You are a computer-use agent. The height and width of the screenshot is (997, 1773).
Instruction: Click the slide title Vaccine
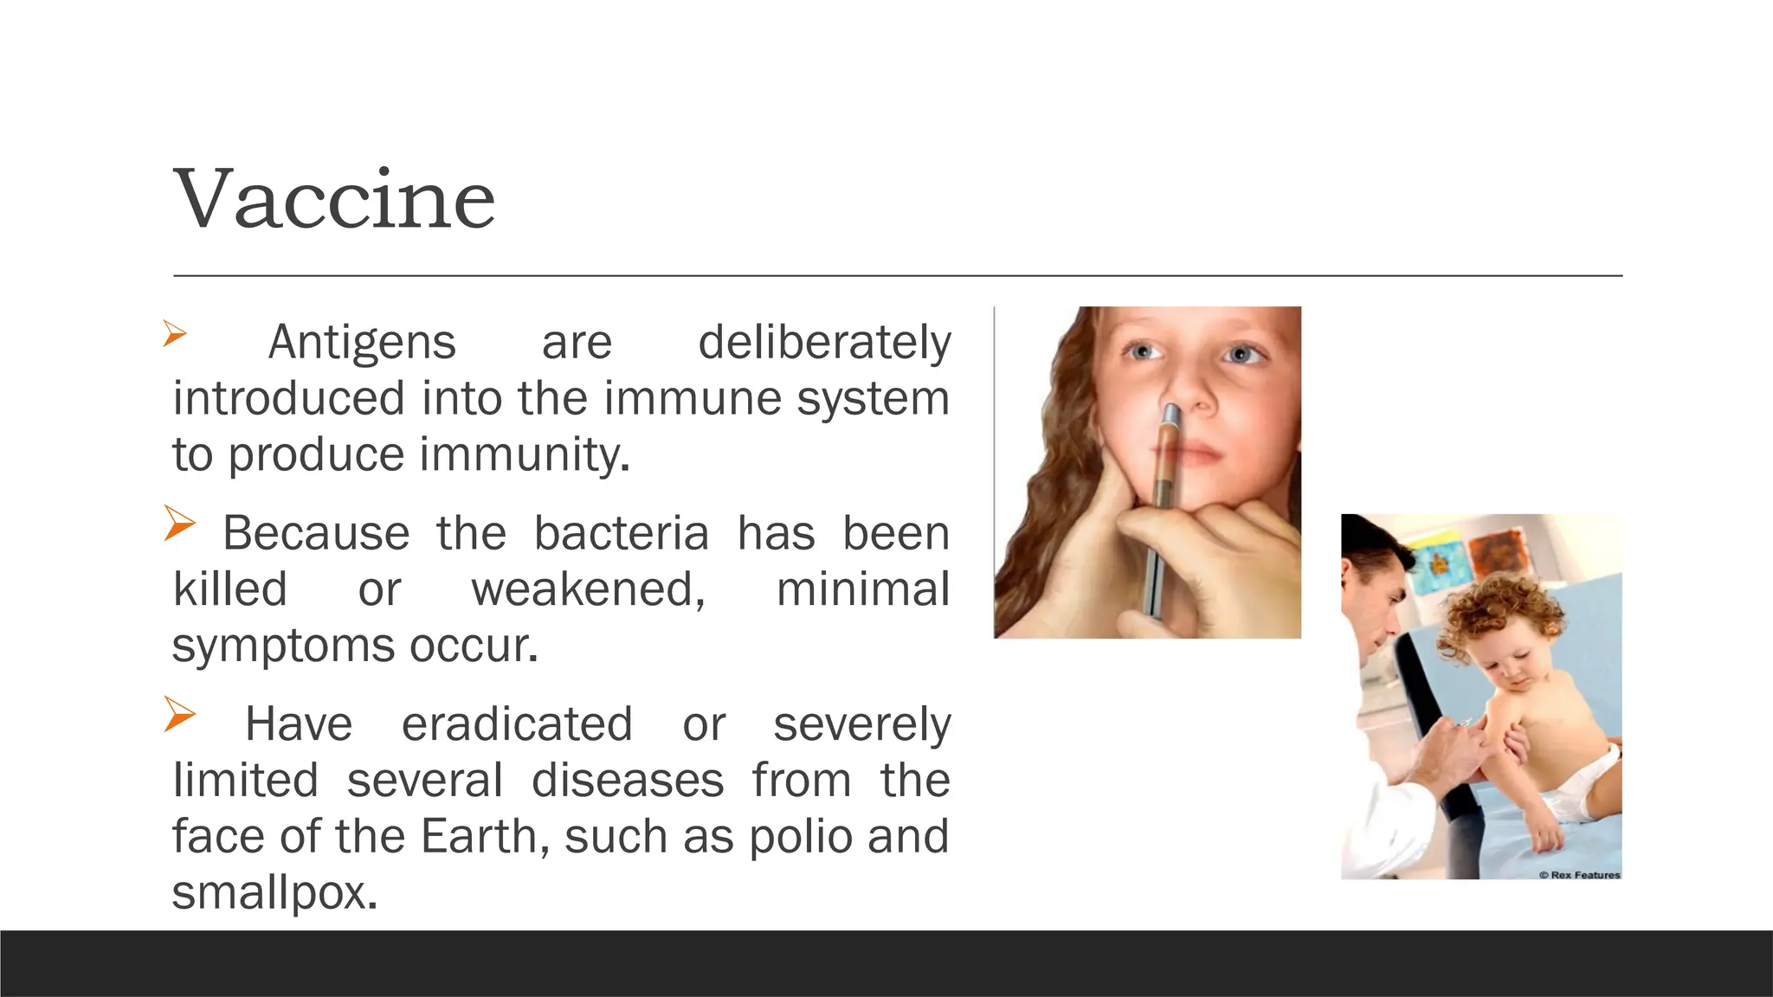[x=335, y=200]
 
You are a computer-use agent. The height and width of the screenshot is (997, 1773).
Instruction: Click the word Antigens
[x=362, y=343]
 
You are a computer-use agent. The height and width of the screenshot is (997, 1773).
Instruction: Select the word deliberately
[x=824, y=343]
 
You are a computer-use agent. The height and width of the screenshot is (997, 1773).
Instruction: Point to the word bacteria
[x=621, y=533]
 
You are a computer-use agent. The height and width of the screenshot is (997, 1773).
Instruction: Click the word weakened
[x=588, y=589]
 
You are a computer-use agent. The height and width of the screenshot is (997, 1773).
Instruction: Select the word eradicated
[x=517, y=724]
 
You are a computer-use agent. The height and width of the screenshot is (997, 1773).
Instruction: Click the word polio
[x=801, y=837]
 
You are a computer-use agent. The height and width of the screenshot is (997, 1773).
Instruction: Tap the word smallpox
[x=274, y=893]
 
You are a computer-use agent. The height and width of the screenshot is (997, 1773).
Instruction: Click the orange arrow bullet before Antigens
[x=175, y=334]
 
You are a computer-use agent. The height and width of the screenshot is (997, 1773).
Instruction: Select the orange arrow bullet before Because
[x=180, y=524]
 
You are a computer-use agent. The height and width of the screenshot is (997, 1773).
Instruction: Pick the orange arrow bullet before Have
[x=180, y=715]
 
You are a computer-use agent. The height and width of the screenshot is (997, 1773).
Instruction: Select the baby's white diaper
[x=1589, y=783]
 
